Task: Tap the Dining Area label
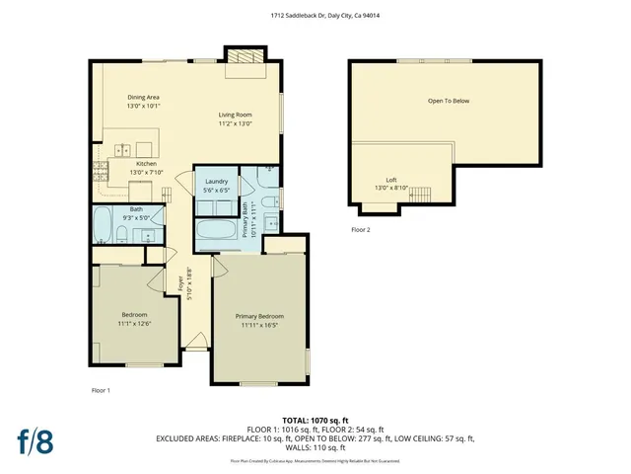pos(143,97)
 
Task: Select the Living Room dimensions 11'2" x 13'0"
pos(236,124)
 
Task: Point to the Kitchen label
pos(146,163)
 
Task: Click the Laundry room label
pos(217,183)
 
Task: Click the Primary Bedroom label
pos(259,317)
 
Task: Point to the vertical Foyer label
pos(180,286)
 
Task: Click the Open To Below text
pos(448,101)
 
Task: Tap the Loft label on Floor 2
pos(391,180)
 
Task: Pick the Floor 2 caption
pos(361,229)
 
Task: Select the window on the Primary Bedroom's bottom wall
pos(259,383)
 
